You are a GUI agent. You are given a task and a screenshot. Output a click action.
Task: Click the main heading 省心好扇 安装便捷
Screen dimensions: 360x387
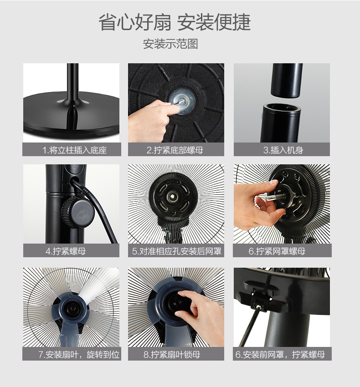(x=175, y=22)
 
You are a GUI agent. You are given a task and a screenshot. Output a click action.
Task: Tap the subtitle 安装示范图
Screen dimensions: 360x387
(x=170, y=44)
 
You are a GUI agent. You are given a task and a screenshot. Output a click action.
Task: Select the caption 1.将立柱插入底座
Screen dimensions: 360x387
(x=74, y=150)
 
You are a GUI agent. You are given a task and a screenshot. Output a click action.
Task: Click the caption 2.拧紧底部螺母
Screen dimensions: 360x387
(x=175, y=150)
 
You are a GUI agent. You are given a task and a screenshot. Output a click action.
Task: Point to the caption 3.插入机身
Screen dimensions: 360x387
(x=283, y=150)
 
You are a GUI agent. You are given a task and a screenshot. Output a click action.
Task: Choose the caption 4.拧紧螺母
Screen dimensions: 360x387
(x=66, y=251)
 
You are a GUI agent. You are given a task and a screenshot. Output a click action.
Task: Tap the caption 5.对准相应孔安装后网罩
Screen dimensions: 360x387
(x=176, y=251)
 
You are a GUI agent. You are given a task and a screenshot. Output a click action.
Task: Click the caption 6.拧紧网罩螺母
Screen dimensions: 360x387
(x=277, y=251)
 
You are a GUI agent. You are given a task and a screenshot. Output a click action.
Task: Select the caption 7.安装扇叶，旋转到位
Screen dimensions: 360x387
(x=79, y=355)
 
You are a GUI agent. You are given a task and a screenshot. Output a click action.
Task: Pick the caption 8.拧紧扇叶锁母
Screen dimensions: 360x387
(x=172, y=355)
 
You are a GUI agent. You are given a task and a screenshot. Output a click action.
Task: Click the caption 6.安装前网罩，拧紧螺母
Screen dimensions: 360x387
(x=280, y=355)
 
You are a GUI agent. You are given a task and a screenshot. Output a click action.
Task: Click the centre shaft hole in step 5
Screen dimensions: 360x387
(x=172, y=197)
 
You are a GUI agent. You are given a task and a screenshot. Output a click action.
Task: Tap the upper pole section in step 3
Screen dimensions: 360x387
(x=287, y=80)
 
